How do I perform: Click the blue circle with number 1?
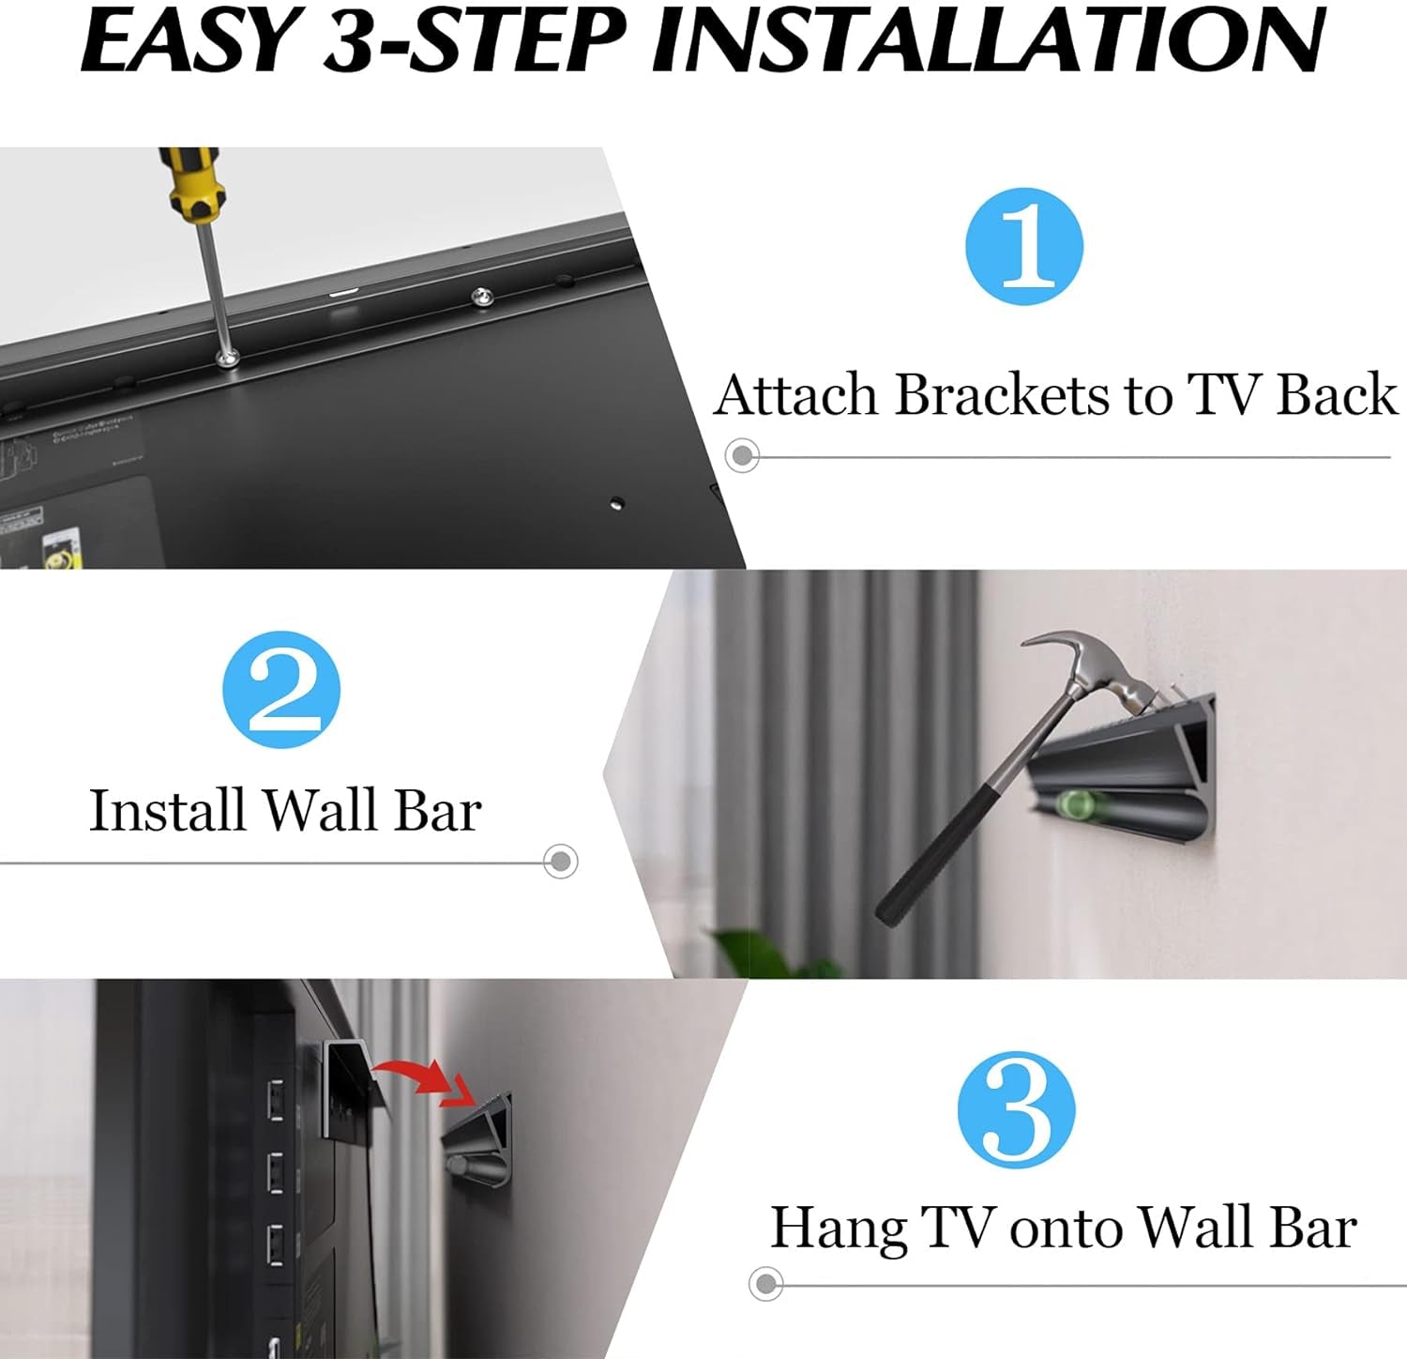pyautogui.click(x=1024, y=246)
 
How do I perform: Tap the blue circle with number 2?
pyautogui.click(x=281, y=690)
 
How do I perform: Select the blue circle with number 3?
pyautogui.click(x=1017, y=1109)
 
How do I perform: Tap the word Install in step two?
pyautogui.click(x=166, y=810)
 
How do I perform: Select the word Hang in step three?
pyautogui.click(x=839, y=1228)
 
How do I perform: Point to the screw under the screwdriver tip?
pyautogui.click(x=227, y=358)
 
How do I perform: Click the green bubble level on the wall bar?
pyautogui.click(x=1075, y=804)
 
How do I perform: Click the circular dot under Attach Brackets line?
pyautogui.click(x=743, y=456)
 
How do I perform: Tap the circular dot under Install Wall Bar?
pyautogui.click(x=561, y=862)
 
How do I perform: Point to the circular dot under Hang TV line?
pyautogui.click(x=766, y=1283)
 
